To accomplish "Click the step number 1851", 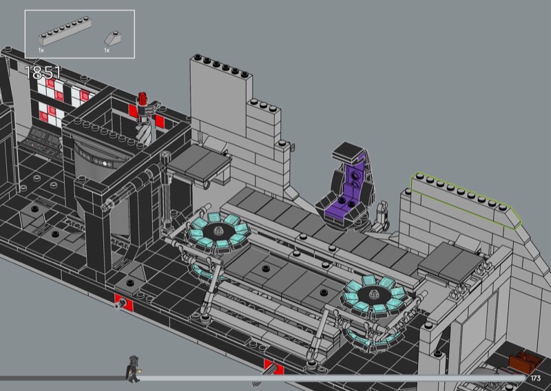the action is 43,73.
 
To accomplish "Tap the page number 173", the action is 536,378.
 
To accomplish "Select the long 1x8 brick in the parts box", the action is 65,32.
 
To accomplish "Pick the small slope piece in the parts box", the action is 112,38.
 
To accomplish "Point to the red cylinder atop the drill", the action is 143,98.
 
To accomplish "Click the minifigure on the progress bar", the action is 133,369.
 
